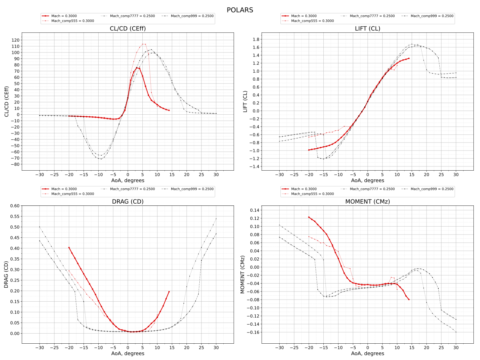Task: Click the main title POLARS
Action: point(240,10)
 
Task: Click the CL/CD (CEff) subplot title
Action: point(128,28)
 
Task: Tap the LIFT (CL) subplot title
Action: point(367,28)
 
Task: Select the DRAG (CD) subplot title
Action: point(128,202)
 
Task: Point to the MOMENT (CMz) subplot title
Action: point(367,202)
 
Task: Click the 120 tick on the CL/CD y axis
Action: point(15,40)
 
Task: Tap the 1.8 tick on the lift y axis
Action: point(256,39)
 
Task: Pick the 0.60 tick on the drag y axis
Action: point(15,206)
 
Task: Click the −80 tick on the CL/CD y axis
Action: point(15,164)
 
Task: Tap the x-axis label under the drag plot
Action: point(128,353)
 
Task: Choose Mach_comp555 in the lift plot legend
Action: point(312,21)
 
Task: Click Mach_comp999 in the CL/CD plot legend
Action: point(192,16)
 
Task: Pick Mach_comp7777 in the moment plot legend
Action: point(372,189)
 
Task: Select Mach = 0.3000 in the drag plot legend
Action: point(64,189)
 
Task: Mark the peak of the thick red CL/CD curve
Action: point(136,67)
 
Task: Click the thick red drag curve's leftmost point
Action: point(69,247)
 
